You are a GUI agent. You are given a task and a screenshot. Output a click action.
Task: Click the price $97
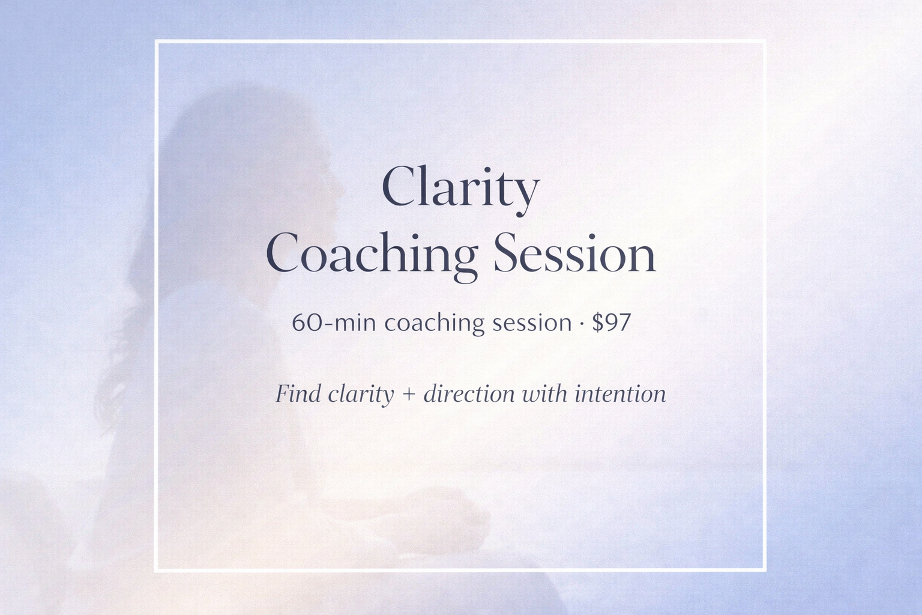coord(612,323)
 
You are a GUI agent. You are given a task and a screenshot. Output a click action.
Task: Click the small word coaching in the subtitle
coord(434,323)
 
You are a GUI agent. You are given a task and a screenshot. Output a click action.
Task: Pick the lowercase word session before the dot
coord(531,323)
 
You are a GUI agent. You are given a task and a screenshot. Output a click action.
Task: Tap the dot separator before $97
coord(582,324)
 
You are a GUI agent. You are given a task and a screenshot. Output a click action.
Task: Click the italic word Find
coord(298,394)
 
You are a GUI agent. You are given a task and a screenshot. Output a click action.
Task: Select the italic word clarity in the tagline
coord(361,394)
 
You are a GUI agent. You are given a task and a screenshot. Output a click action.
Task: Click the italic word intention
coord(620,394)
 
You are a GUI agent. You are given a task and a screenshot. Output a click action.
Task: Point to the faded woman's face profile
coord(324,180)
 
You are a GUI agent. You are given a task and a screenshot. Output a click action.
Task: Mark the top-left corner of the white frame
coord(156,41)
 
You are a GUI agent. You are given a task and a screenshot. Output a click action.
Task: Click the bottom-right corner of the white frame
coord(764,569)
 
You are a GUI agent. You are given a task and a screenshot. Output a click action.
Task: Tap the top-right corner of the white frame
coord(764,41)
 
